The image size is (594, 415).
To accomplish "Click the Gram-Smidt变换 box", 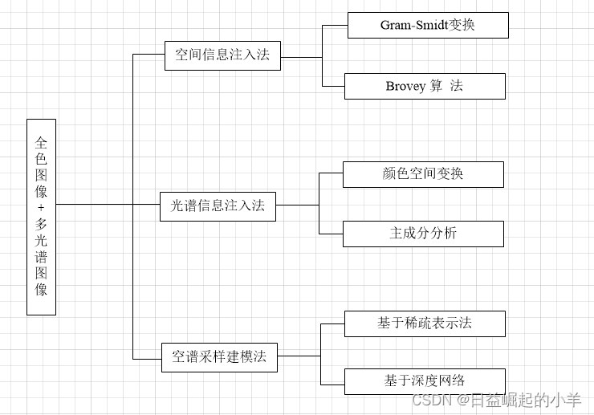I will click(x=428, y=25).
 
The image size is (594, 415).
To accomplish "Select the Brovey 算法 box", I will click(x=425, y=86).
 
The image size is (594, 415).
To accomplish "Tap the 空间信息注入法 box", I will click(x=222, y=56).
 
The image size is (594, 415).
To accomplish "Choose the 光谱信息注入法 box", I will click(x=218, y=206).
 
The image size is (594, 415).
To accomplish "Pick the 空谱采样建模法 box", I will click(x=219, y=356).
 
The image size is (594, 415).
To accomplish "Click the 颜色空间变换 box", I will click(x=423, y=174).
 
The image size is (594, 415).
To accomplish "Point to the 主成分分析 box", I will click(x=423, y=234).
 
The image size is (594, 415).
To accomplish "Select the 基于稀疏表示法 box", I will click(x=425, y=323).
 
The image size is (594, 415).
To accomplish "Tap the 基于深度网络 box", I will click(x=425, y=381).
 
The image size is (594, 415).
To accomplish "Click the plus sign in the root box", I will click(x=41, y=208).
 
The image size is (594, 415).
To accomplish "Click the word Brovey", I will click(x=405, y=86).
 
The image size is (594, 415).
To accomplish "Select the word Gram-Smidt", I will click(x=411, y=25).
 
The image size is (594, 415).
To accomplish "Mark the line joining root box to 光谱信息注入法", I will click(x=108, y=204).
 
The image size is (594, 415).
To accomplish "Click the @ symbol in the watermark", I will click(x=463, y=400).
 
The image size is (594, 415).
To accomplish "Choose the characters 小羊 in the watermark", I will click(x=567, y=400).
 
